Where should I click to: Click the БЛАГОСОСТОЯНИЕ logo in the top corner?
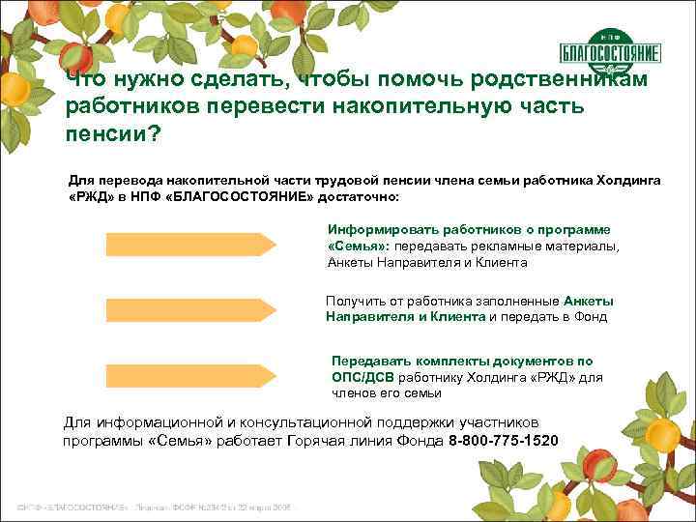coord(610,50)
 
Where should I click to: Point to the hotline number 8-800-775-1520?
coord(504,441)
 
